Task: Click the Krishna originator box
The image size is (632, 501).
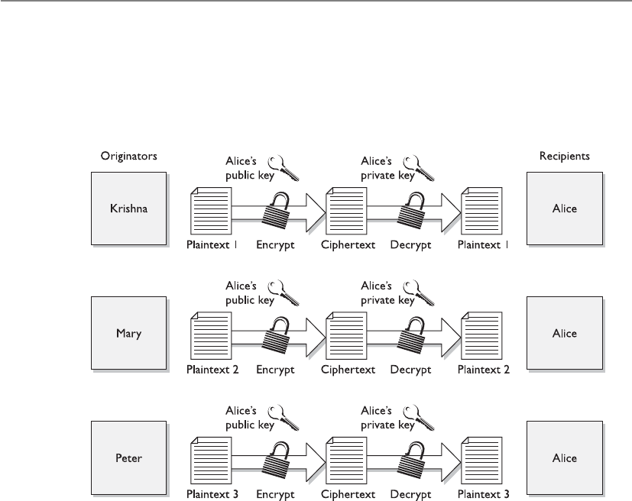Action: (x=128, y=208)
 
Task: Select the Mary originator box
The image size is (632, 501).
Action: (x=128, y=333)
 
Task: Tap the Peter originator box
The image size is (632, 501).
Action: (x=128, y=458)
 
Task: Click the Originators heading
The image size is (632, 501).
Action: (x=128, y=156)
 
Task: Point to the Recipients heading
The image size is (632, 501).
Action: (x=564, y=156)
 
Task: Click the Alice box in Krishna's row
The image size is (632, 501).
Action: (x=565, y=208)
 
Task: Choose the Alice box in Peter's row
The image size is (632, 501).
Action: (x=565, y=458)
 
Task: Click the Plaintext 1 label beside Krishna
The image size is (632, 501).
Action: (x=212, y=245)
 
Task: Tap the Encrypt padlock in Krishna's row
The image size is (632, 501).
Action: (x=276, y=210)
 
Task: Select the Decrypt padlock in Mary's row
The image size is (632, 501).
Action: (x=411, y=335)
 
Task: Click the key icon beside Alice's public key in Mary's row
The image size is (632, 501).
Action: (x=283, y=293)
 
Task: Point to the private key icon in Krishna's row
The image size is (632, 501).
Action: (x=418, y=168)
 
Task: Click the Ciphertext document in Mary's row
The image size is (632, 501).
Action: (x=346, y=335)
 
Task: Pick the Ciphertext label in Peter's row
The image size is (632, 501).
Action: (x=348, y=495)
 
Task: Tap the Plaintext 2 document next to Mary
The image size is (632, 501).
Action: (x=211, y=335)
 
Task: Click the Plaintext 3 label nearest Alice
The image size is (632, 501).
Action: (x=483, y=494)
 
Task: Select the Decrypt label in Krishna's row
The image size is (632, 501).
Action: (x=410, y=245)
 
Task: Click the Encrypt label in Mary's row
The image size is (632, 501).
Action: (x=275, y=370)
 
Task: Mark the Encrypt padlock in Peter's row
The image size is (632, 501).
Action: (x=276, y=460)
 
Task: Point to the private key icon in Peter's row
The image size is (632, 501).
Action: (x=418, y=417)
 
